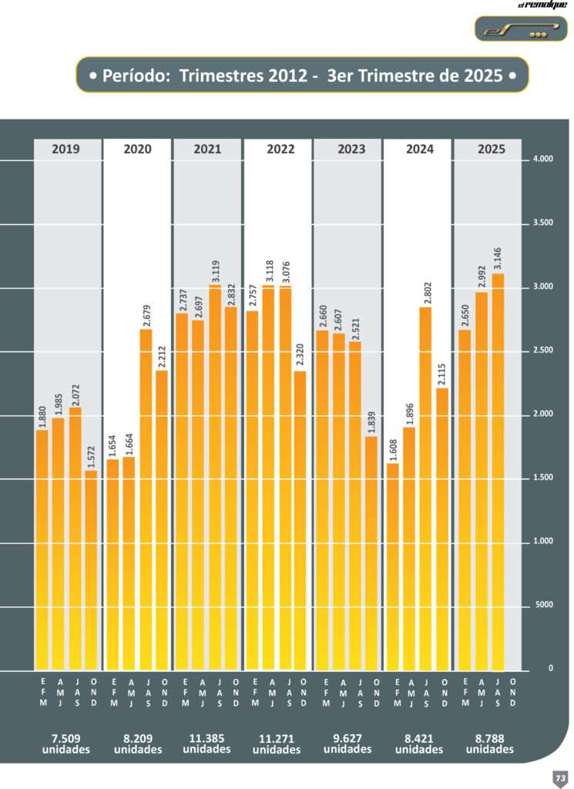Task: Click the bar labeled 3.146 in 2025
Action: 498,472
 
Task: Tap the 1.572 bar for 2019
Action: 92,570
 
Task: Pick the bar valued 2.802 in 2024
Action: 426,489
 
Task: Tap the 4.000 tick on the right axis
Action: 542,160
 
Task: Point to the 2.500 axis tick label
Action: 542,351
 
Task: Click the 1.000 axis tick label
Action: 542,542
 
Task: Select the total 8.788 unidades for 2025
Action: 487,744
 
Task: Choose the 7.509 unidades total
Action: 67,744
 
